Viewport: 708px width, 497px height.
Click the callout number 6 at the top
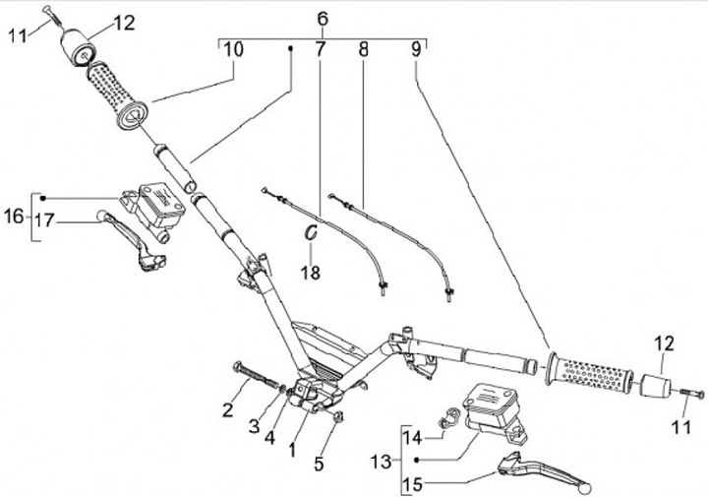click(323, 20)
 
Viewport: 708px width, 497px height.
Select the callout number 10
click(234, 49)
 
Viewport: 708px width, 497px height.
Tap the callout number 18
click(311, 273)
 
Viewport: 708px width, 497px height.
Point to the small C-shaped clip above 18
click(311, 232)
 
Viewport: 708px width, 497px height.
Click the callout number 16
click(14, 217)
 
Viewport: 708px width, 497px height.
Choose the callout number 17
click(44, 220)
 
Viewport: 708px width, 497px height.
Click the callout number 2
click(228, 409)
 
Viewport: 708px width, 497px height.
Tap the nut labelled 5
click(337, 417)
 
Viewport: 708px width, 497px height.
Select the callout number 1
click(293, 450)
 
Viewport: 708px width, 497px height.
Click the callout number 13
click(381, 462)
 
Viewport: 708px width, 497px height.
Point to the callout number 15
click(413, 485)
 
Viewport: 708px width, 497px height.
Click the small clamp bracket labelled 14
click(448, 417)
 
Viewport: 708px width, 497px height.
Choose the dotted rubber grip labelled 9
click(589, 370)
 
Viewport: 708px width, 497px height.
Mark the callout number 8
click(364, 49)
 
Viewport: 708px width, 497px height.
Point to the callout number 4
click(270, 437)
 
